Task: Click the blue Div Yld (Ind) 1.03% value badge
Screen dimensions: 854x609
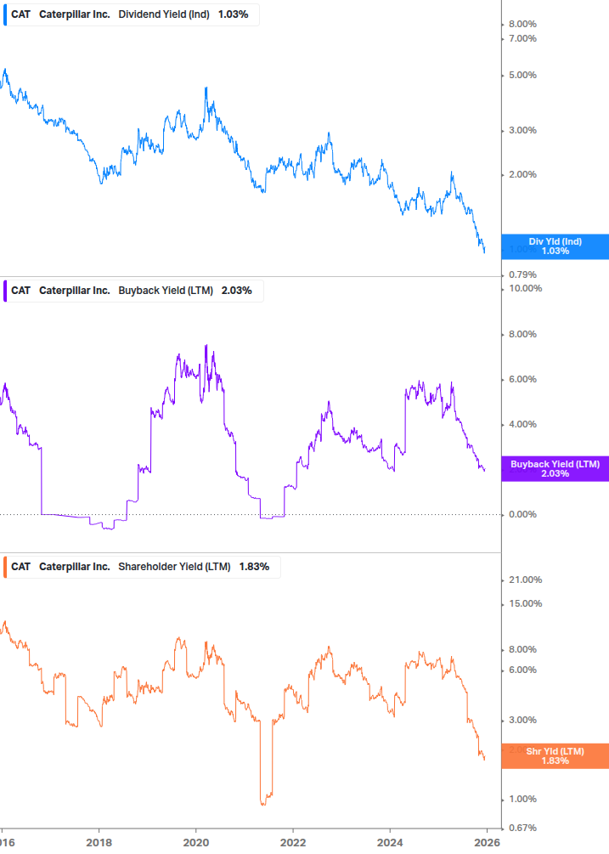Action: pos(555,246)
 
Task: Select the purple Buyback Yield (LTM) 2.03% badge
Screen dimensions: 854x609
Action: pos(555,469)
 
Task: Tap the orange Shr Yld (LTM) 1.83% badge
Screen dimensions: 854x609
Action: pos(555,755)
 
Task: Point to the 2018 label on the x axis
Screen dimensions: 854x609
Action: pos(99,844)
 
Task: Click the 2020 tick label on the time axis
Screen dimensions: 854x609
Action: pos(196,844)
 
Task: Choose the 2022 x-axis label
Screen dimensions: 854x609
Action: pos(293,844)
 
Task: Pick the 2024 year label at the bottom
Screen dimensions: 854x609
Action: pos(390,844)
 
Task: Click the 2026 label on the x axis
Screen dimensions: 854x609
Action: pos(487,844)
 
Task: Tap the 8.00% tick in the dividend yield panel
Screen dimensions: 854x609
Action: pos(522,24)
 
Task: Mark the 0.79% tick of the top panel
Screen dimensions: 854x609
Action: pos(522,274)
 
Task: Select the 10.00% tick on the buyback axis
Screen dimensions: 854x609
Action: pos(525,289)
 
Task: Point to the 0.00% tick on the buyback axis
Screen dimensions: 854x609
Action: pos(522,514)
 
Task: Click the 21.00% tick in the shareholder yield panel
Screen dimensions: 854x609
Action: pos(525,580)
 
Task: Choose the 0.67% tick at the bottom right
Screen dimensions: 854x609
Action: pos(522,828)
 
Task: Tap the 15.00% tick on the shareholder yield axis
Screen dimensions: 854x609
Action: pos(525,604)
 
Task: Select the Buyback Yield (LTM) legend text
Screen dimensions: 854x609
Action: pos(166,291)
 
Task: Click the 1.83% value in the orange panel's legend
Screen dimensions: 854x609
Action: pos(254,567)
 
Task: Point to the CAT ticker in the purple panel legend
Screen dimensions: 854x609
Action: pos(20,291)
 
